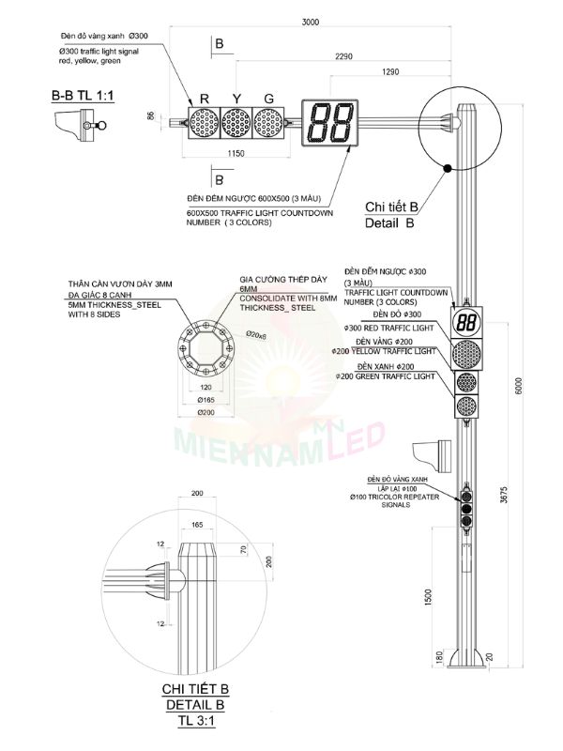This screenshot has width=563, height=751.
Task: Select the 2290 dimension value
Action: [x=343, y=56]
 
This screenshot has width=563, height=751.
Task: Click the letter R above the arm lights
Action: [x=204, y=98]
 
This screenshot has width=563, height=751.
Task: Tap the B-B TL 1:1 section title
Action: [x=84, y=97]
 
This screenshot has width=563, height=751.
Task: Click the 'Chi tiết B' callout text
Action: [x=391, y=207]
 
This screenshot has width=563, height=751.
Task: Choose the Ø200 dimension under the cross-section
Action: [x=206, y=412]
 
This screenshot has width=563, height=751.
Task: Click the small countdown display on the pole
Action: [x=466, y=321]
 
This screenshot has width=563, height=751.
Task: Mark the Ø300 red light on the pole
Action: [x=466, y=353]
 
